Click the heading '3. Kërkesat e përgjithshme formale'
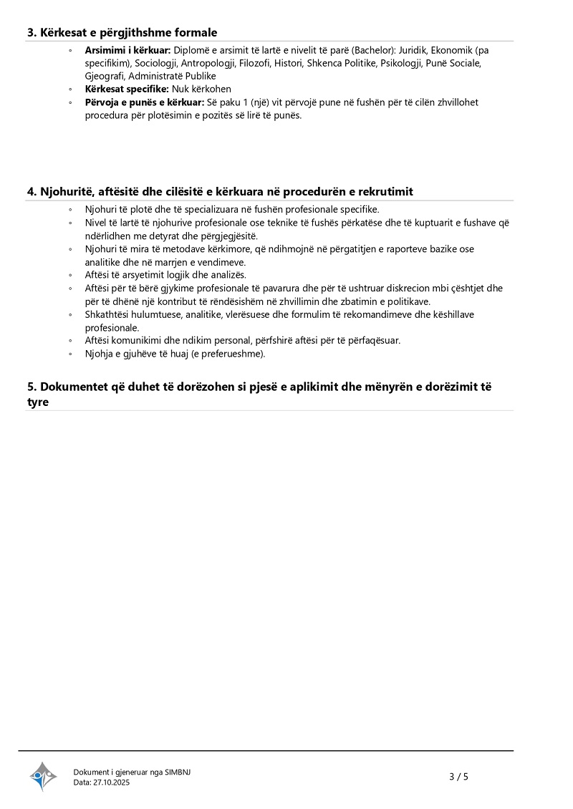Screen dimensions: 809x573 [122, 32]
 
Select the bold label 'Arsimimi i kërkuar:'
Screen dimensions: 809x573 [127, 51]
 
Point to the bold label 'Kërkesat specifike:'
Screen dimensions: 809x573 [127, 89]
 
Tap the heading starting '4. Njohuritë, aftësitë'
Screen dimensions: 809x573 [220, 191]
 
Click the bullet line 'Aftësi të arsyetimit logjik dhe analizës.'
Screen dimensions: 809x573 [165, 275]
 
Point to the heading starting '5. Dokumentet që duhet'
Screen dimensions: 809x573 [259, 387]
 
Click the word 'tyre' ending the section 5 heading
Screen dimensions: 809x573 [38, 402]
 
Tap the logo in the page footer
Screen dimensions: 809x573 [43, 776]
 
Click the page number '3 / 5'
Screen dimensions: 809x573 [458, 777]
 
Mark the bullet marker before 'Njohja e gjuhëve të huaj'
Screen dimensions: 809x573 [70, 354]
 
